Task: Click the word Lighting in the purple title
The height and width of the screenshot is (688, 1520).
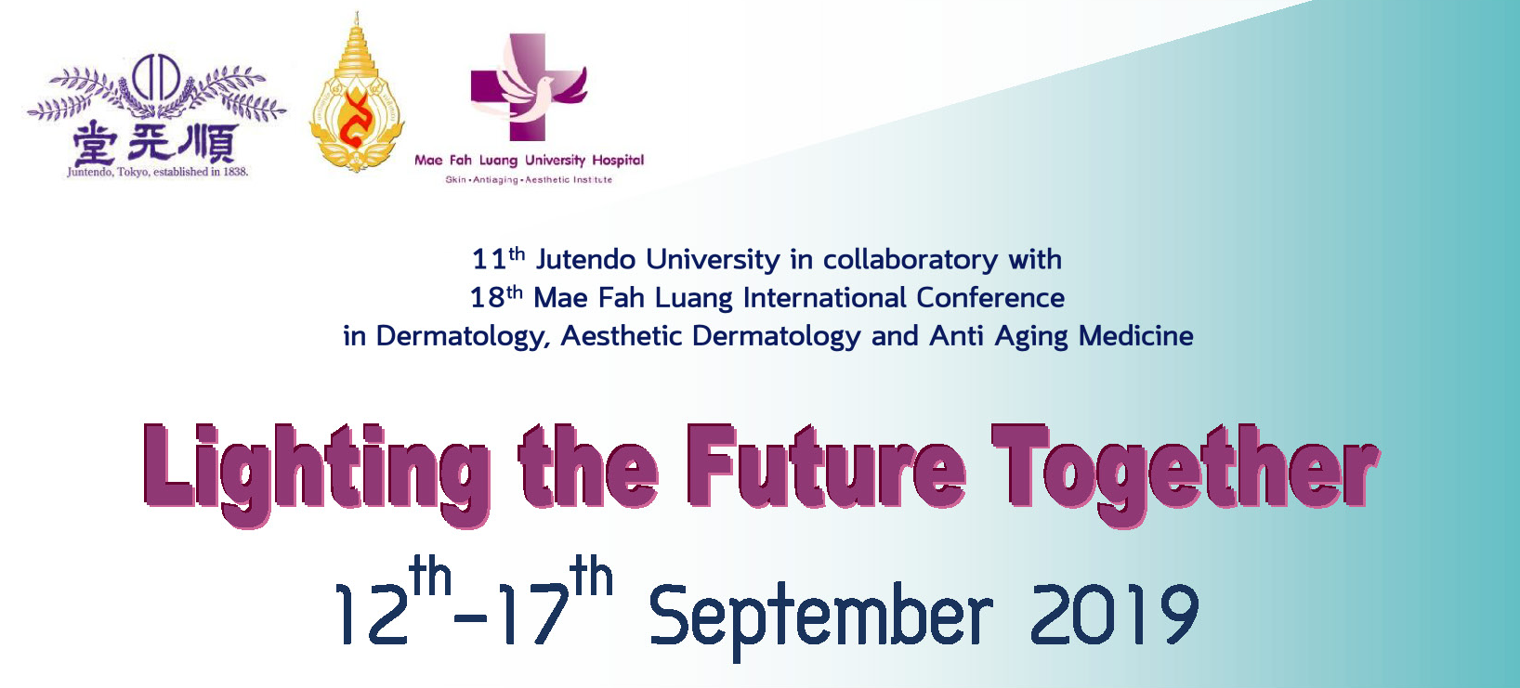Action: (x=317, y=474)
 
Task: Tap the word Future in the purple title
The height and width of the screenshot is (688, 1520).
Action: (x=824, y=465)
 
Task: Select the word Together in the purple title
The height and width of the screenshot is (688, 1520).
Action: (x=1185, y=474)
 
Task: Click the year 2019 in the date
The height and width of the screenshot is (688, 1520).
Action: (x=1114, y=614)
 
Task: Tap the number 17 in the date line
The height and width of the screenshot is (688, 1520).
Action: (x=532, y=614)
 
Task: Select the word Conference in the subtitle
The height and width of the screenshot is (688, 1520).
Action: (x=990, y=297)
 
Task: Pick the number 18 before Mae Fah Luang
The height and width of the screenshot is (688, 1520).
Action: (x=487, y=299)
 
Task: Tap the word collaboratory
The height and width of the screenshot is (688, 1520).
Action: (x=910, y=261)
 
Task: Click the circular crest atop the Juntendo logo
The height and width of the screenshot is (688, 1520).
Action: (x=156, y=77)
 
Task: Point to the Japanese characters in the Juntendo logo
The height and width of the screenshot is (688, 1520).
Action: (x=156, y=144)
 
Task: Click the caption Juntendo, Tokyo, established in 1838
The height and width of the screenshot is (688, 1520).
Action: (x=157, y=172)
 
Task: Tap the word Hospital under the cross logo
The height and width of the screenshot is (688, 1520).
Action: (x=618, y=161)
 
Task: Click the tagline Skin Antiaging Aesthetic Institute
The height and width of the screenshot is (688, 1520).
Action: (x=529, y=179)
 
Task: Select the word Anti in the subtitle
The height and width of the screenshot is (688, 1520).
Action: (x=956, y=336)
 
